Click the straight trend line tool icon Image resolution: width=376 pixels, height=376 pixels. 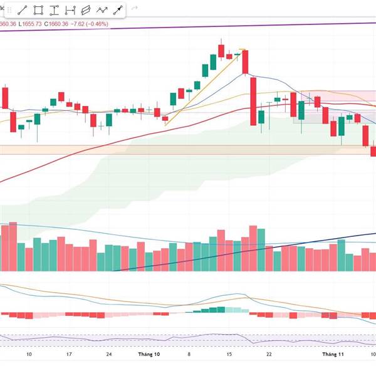coord(22,10)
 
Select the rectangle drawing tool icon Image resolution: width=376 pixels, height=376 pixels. coord(38,10)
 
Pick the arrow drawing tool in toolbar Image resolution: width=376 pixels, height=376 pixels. coord(117,10)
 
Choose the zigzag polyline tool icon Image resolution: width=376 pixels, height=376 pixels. coord(102,10)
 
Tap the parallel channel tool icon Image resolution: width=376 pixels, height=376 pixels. coord(86,10)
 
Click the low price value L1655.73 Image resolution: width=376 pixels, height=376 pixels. coord(30,24)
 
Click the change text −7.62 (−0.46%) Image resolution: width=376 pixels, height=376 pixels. coord(90,24)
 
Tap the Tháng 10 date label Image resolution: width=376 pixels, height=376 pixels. coord(149,354)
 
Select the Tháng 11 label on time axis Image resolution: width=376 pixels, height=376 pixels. coord(333,354)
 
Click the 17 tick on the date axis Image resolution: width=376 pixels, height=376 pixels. coord(69,354)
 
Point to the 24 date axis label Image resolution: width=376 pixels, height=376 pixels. coord(109,354)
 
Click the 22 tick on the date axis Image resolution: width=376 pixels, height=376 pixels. coord(268,354)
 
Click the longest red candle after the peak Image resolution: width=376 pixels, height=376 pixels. coord(253,100)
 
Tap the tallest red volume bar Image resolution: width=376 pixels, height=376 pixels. coord(253,248)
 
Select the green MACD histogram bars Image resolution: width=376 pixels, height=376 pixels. coord(213,310)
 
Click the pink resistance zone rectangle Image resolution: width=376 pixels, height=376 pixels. coord(338,95)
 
